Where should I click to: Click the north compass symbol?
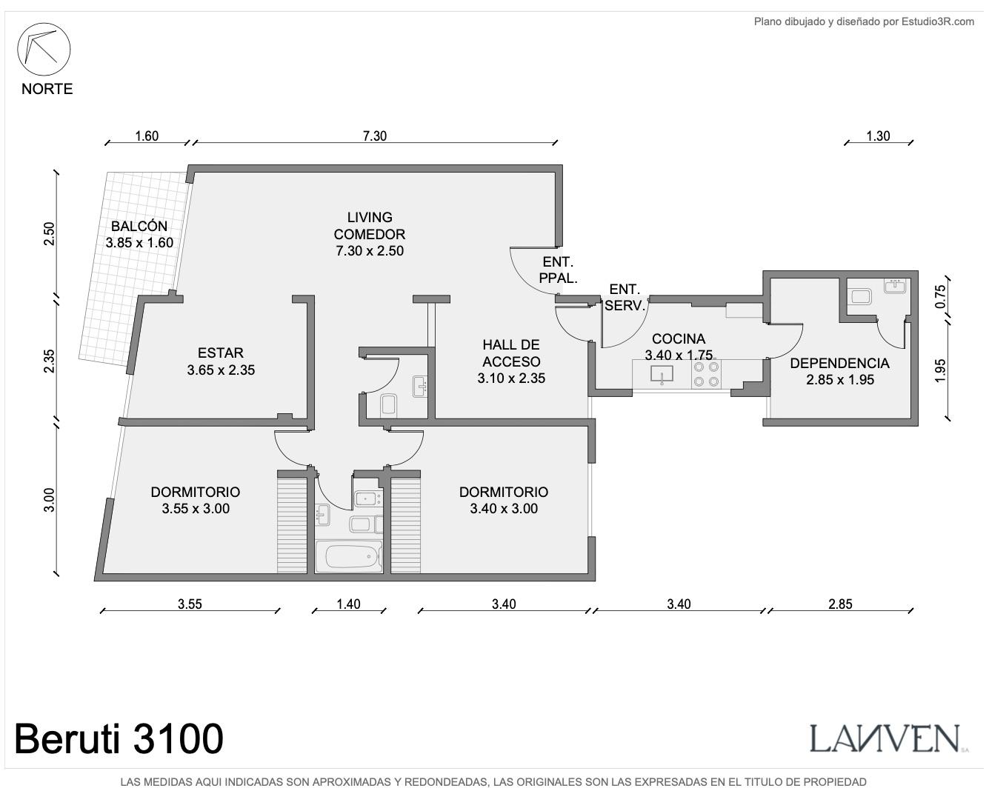[44, 49]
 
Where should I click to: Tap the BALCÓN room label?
[139, 226]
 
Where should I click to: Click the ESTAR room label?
[221, 353]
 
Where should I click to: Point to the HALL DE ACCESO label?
[511, 353]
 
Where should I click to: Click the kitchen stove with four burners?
[706, 374]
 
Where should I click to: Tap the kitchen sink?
[662, 374]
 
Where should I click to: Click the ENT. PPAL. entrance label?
[558, 270]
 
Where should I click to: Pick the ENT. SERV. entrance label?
[625, 298]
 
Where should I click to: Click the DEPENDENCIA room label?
[839, 363]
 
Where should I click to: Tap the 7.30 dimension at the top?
[375, 136]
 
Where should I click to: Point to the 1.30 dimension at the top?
[878, 136]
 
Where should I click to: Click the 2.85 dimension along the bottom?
[840, 604]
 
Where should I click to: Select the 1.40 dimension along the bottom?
[348, 604]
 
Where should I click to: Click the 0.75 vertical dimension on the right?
[941, 297]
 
